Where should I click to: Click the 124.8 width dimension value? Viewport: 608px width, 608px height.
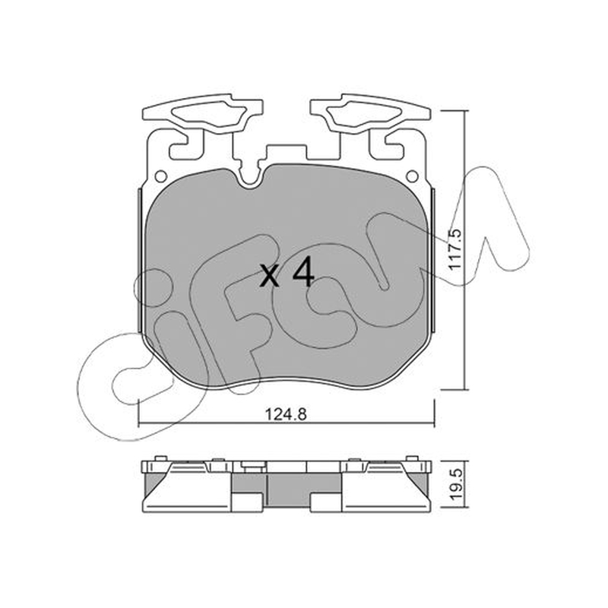click(x=286, y=414)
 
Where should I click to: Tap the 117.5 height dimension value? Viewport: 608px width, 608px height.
click(x=455, y=250)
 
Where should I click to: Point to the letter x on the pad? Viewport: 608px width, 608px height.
click(x=270, y=275)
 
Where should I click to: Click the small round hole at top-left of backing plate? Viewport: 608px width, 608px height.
click(x=160, y=176)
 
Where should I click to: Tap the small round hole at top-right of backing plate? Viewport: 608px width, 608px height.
click(x=412, y=176)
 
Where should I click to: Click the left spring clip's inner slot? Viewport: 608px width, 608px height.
click(x=208, y=112)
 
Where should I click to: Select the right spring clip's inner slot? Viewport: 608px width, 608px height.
click(x=364, y=112)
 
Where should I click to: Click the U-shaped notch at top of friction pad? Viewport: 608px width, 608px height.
click(x=251, y=178)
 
